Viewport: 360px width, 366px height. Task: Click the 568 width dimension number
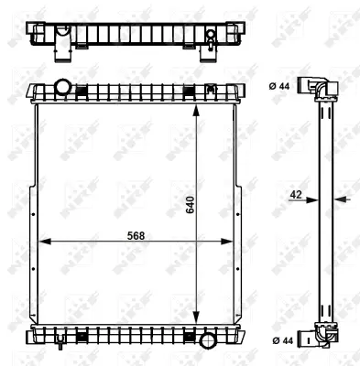136,234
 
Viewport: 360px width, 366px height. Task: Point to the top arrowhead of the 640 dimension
196,106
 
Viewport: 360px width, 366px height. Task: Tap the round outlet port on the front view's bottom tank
207,340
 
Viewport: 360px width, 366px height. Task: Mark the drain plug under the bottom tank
60,345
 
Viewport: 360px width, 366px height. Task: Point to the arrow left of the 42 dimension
308,196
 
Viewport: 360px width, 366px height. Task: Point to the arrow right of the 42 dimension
338,196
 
